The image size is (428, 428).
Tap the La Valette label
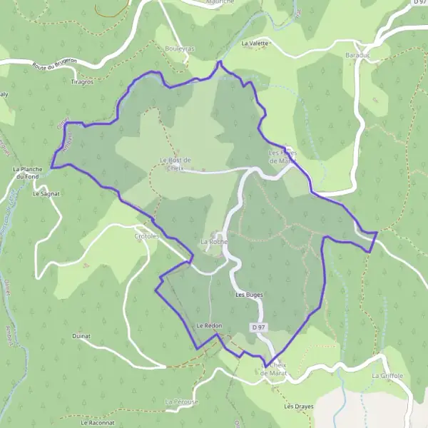click(255, 44)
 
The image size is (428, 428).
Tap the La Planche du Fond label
click(29, 173)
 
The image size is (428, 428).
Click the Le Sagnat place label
click(46, 193)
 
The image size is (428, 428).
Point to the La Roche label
click(213, 242)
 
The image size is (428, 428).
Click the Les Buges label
click(248, 294)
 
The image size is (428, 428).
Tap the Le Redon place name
click(209, 325)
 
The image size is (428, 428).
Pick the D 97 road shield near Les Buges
click(258, 327)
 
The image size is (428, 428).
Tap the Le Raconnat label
click(98, 423)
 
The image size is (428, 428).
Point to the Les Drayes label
click(298, 407)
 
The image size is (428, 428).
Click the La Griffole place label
click(387, 375)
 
